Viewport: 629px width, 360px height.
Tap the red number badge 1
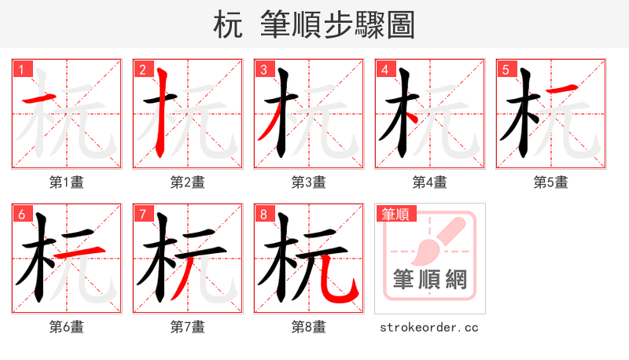pos(21,70)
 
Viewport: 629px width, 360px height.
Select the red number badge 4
pos(384,70)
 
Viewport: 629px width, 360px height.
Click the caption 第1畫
pos(67,182)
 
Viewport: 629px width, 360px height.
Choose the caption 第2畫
pos(188,182)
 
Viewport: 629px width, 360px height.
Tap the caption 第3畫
pos(309,182)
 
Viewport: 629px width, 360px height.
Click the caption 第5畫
pos(551,182)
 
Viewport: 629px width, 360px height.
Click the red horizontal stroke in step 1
pos(39,99)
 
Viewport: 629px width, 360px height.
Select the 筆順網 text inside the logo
pos(430,279)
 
